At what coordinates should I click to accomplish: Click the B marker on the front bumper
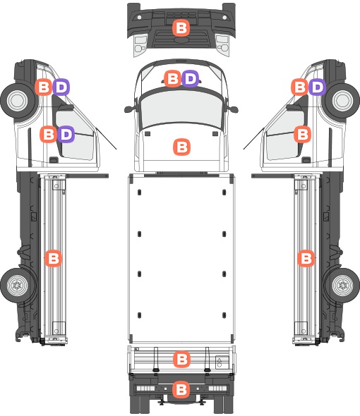[x=181, y=28]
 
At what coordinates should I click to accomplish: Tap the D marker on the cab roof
[x=190, y=78]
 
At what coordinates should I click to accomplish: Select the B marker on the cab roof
[x=172, y=78]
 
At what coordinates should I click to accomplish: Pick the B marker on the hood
[x=181, y=147]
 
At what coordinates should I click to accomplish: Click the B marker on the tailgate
[x=181, y=359]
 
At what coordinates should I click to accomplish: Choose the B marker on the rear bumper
[x=181, y=389]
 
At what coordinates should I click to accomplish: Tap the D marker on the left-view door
[x=66, y=134]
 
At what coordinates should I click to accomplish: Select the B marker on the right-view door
[x=302, y=134]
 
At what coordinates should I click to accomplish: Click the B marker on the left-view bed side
[x=53, y=258]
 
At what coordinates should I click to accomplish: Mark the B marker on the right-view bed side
[x=306, y=258]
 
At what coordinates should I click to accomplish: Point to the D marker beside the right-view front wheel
[x=317, y=87]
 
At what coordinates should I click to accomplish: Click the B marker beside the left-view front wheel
[x=43, y=87]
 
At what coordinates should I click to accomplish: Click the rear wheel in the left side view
[x=18, y=286]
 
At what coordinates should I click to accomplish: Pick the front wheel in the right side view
[x=342, y=101]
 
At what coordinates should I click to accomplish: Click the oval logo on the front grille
[x=182, y=40]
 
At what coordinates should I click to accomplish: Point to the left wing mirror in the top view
[x=130, y=109]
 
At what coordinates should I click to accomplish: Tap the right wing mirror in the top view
[x=233, y=109]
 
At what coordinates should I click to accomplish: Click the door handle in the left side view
[x=54, y=160]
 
